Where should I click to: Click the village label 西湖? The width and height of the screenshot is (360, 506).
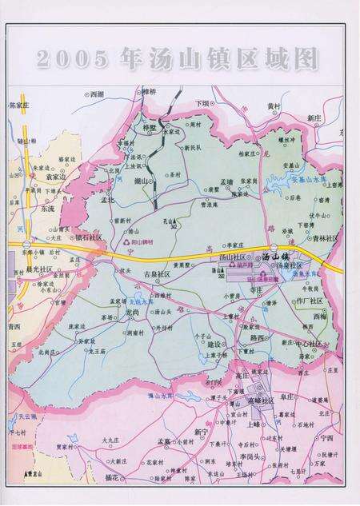97,94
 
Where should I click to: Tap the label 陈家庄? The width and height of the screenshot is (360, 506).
18,105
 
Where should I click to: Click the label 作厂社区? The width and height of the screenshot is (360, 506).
308,301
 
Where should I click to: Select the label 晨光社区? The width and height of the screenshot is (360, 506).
38,269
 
